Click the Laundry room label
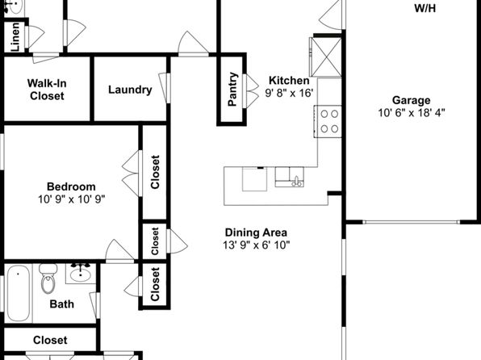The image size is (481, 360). pos(130,90)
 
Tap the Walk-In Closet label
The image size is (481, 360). pos(47,90)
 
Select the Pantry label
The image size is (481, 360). pos(232,90)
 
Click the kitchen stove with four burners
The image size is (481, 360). pos(328,121)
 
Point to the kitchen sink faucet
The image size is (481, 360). pos(297,181)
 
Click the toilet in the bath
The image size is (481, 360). pos(48,278)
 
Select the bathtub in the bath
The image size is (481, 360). pos(19,293)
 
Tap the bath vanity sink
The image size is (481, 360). pos(81,274)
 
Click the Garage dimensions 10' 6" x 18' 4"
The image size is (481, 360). pos(412,113)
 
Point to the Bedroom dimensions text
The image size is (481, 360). pos(71,199)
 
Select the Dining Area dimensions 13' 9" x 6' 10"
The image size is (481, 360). pos(257,245)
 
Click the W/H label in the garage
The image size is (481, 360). pos(425,8)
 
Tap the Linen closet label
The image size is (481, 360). pos(15,37)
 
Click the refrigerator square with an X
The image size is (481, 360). pos(326,57)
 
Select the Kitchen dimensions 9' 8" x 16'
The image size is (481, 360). pos(289,93)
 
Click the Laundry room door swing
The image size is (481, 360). pos(165,88)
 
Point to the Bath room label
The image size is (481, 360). pos(61,304)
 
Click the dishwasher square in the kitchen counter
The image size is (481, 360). pos(254,179)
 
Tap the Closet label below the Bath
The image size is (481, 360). pos(50,340)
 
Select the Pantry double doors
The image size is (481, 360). pos(251,91)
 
